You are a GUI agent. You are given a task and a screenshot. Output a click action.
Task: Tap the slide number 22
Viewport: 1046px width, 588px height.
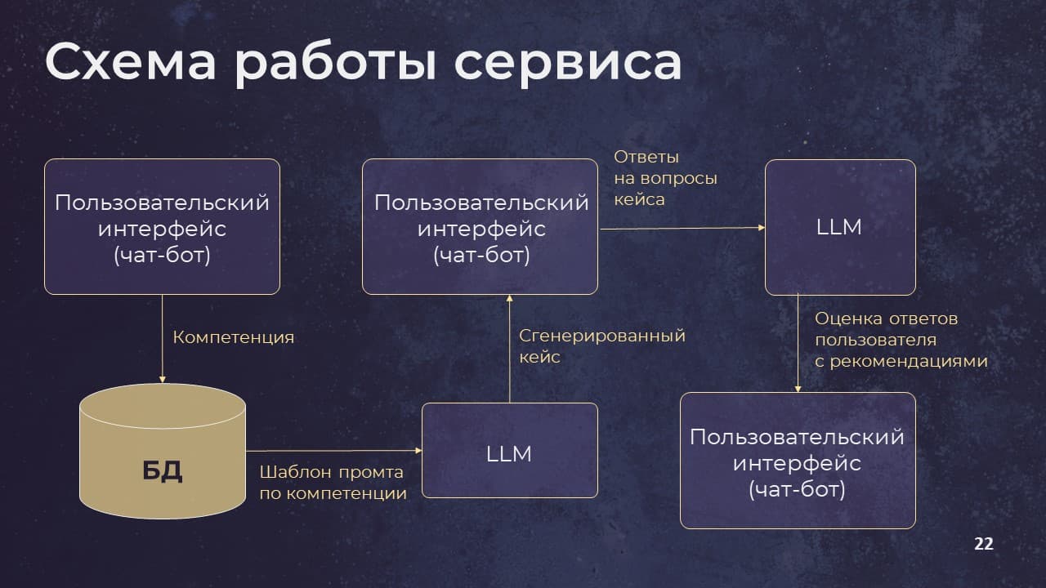tap(984, 544)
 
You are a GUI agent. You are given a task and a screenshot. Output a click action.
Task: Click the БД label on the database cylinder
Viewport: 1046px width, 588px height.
tap(162, 470)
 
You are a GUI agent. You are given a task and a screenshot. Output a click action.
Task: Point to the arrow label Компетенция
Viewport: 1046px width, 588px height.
tap(234, 337)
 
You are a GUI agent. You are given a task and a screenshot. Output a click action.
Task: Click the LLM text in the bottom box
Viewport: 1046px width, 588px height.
tap(509, 453)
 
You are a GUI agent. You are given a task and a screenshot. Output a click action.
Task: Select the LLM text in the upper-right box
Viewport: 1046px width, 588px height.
tap(839, 227)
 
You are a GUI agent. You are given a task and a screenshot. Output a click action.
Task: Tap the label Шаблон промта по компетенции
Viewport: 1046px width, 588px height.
tap(333, 483)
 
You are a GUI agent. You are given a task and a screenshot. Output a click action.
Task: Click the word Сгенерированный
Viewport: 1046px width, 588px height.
tap(602, 336)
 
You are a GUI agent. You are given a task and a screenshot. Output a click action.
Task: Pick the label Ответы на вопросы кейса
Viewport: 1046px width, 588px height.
tap(665, 178)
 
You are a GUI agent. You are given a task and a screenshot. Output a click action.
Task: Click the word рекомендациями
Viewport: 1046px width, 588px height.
tap(909, 361)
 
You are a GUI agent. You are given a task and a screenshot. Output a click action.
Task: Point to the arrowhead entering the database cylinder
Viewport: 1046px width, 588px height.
tap(163, 380)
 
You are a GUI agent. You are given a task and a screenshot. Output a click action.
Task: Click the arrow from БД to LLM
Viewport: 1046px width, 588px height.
tap(334, 451)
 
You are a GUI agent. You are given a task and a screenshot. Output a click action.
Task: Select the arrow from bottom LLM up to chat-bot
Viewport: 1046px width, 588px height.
tap(509, 349)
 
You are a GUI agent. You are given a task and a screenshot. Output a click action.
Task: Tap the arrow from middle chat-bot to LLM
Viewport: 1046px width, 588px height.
tap(682, 228)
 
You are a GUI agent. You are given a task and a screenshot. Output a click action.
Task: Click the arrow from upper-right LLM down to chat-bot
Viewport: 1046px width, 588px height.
tap(798, 343)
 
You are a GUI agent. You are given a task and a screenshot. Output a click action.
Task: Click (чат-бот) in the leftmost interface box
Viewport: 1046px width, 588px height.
tap(162, 256)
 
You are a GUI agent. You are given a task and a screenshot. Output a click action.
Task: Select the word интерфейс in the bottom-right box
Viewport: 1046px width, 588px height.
tap(797, 463)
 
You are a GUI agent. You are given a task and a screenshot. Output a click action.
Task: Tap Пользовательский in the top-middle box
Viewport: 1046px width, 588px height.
tap(481, 203)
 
